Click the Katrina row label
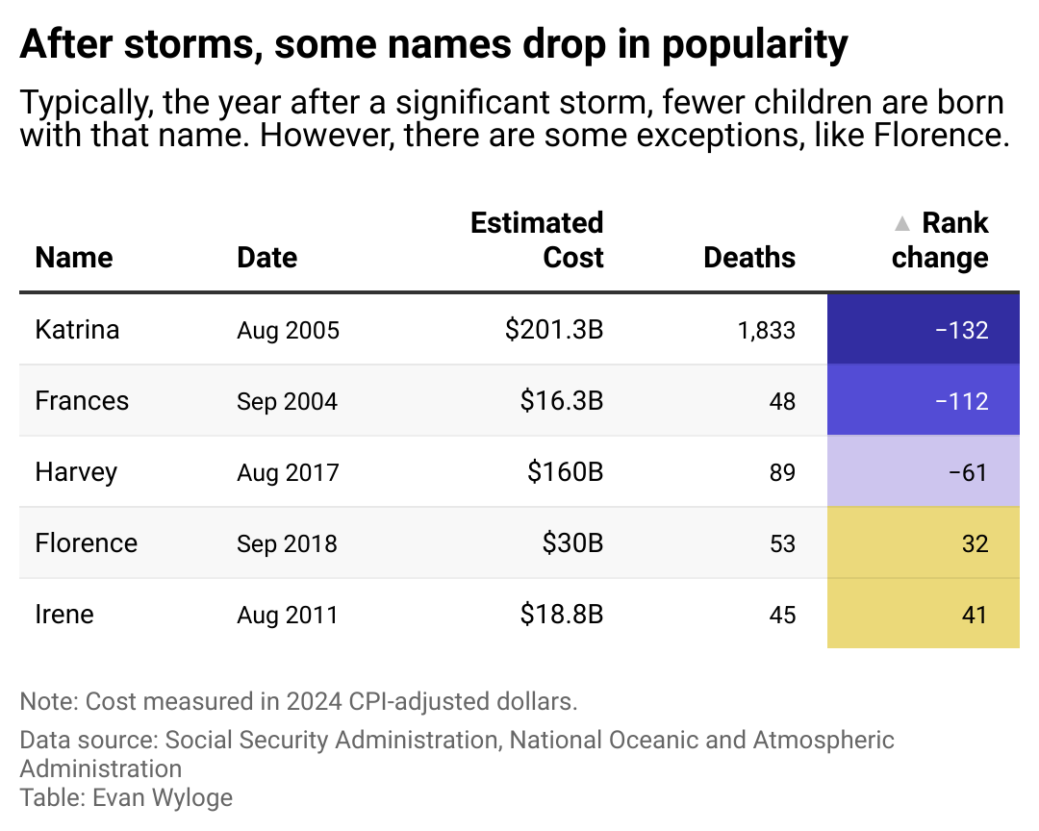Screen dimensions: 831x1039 tap(77, 330)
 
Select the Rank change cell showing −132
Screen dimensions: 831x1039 tap(923, 330)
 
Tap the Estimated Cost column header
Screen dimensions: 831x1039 tap(537, 240)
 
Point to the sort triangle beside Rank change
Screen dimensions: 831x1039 tap(901, 224)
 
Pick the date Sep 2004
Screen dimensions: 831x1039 tap(287, 401)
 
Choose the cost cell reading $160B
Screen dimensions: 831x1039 tap(565, 472)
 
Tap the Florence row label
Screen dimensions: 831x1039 tap(86, 543)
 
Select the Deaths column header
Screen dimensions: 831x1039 tap(749, 258)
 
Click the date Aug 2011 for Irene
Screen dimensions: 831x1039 tap(287, 615)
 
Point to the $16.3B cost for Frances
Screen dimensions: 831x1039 tap(561, 401)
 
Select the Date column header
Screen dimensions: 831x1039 tap(266, 258)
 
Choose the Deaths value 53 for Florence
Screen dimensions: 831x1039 tap(782, 543)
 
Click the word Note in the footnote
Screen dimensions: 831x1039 tap(45, 701)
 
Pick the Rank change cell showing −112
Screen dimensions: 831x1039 tap(923, 401)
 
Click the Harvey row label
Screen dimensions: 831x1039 tap(76, 472)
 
